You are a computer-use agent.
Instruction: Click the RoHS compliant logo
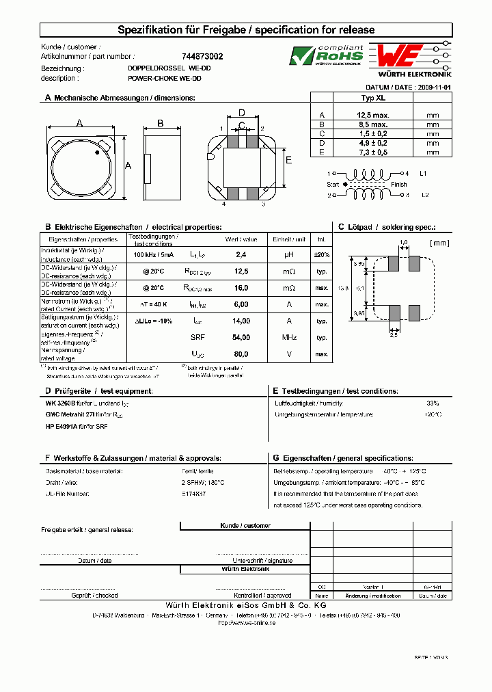325,55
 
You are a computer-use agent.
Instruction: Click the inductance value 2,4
241,254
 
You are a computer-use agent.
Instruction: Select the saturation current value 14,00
241,320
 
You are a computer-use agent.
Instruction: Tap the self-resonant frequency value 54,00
241,337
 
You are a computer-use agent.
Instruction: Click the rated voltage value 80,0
241,354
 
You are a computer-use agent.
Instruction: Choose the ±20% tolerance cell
321,254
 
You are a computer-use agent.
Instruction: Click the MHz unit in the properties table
288,337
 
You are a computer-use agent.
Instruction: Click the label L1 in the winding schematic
423,174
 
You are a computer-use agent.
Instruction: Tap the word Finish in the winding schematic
398,185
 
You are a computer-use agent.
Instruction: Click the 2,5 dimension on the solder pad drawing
394,334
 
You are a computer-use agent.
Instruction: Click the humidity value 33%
432,403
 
